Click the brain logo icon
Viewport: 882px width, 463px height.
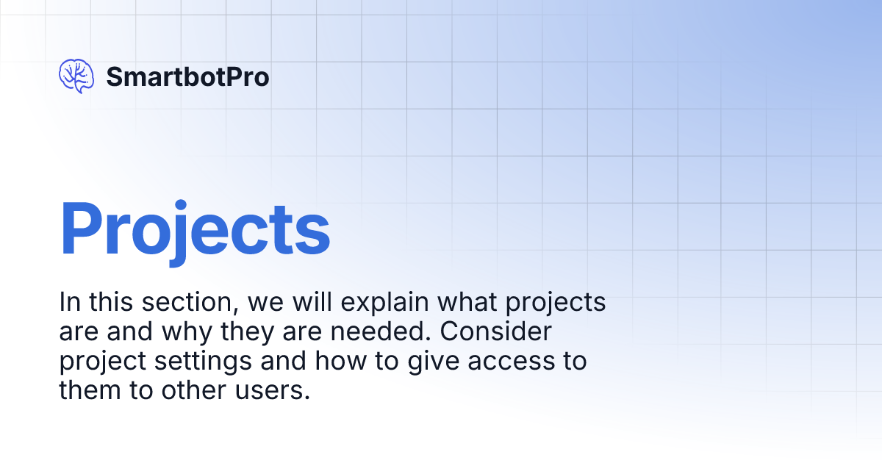tap(76, 76)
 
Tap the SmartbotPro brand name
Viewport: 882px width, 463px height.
tap(187, 76)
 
